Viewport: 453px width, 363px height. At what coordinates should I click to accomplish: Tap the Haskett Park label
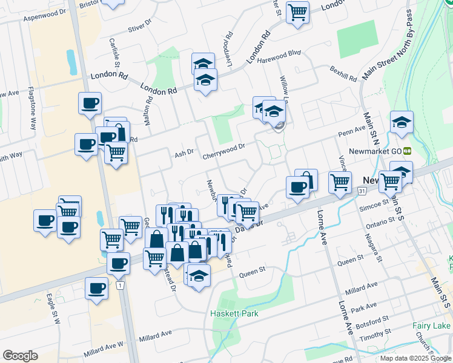[x=234, y=313]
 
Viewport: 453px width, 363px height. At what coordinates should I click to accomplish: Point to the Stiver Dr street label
[x=143, y=28]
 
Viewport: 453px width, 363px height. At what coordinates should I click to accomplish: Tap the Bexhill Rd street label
[x=343, y=74]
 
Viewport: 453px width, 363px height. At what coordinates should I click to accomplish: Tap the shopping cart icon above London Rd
[x=297, y=12]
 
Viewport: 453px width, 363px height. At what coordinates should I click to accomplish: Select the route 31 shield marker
[x=362, y=192]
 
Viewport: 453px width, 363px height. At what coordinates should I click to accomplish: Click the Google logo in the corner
[x=20, y=356]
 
